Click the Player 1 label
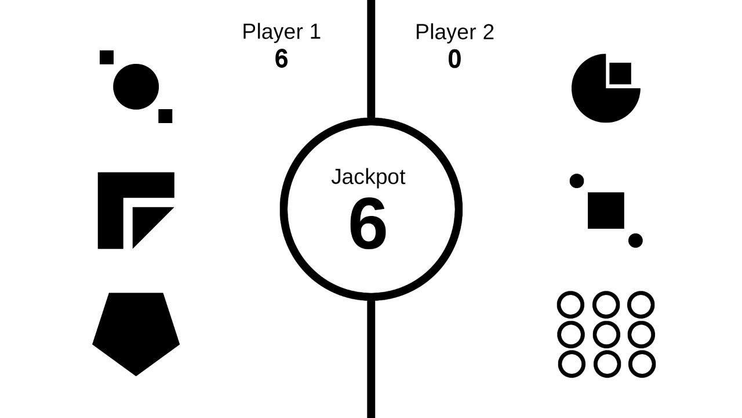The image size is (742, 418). (281, 31)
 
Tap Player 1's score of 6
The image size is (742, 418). (281, 59)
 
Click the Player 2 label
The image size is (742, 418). (454, 32)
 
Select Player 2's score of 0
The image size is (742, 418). (454, 59)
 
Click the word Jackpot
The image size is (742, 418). (368, 177)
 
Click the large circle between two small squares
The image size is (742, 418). (136, 87)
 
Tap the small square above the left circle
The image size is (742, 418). (107, 57)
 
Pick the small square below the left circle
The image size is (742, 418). (165, 116)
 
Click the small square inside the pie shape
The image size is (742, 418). (620, 74)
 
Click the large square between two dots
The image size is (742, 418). (606, 210)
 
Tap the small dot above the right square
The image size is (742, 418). (577, 181)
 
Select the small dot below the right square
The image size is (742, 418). (635, 240)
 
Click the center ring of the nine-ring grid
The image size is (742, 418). (606, 334)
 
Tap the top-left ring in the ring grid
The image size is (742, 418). (571, 305)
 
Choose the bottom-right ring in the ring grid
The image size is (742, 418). (642, 364)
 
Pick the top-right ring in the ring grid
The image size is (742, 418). (641, 305)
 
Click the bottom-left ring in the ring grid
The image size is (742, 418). (572, 364)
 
